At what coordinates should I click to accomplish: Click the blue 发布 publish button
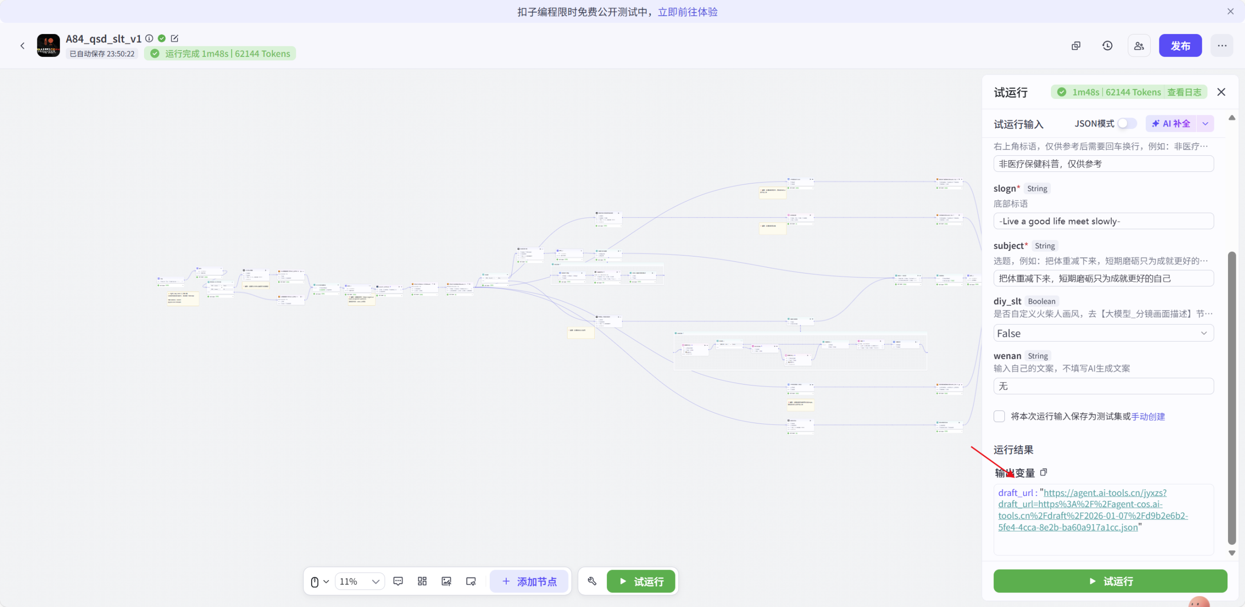[x=1180, y=46]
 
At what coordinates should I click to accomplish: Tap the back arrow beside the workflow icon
[x=22, y=46]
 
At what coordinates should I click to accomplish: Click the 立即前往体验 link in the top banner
[x=687, y=12]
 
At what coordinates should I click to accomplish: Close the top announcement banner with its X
[x=1230, y=11]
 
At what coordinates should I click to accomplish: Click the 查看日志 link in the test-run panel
[x=1184, y=92]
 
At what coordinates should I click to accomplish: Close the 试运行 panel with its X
[x=1221, y=92]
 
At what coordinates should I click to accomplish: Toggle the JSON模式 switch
[x=1126, y=124]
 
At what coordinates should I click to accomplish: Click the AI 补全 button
[x=1171, y=124]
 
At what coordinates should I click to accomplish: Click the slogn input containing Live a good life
[x=1103, y=221]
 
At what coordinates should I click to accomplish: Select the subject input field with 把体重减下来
[x=1103, y=278]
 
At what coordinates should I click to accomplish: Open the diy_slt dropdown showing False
[x=1103, y=333]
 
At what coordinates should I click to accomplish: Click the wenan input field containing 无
[x=1103, y=386]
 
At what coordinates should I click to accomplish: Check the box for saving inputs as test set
[x=999, y=416]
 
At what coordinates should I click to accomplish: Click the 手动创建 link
[x=1148, y=416]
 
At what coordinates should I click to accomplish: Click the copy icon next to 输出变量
[x=1044, y=472]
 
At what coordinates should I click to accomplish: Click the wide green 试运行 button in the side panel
[x=1110, y=581]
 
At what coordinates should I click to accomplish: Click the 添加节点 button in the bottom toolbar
[x=529, y=581]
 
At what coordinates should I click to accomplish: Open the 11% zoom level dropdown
[x=359, y=581]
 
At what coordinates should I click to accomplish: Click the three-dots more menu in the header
[x=1222, y=46]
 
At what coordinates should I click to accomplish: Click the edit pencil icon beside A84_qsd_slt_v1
[x=175, y=38]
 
